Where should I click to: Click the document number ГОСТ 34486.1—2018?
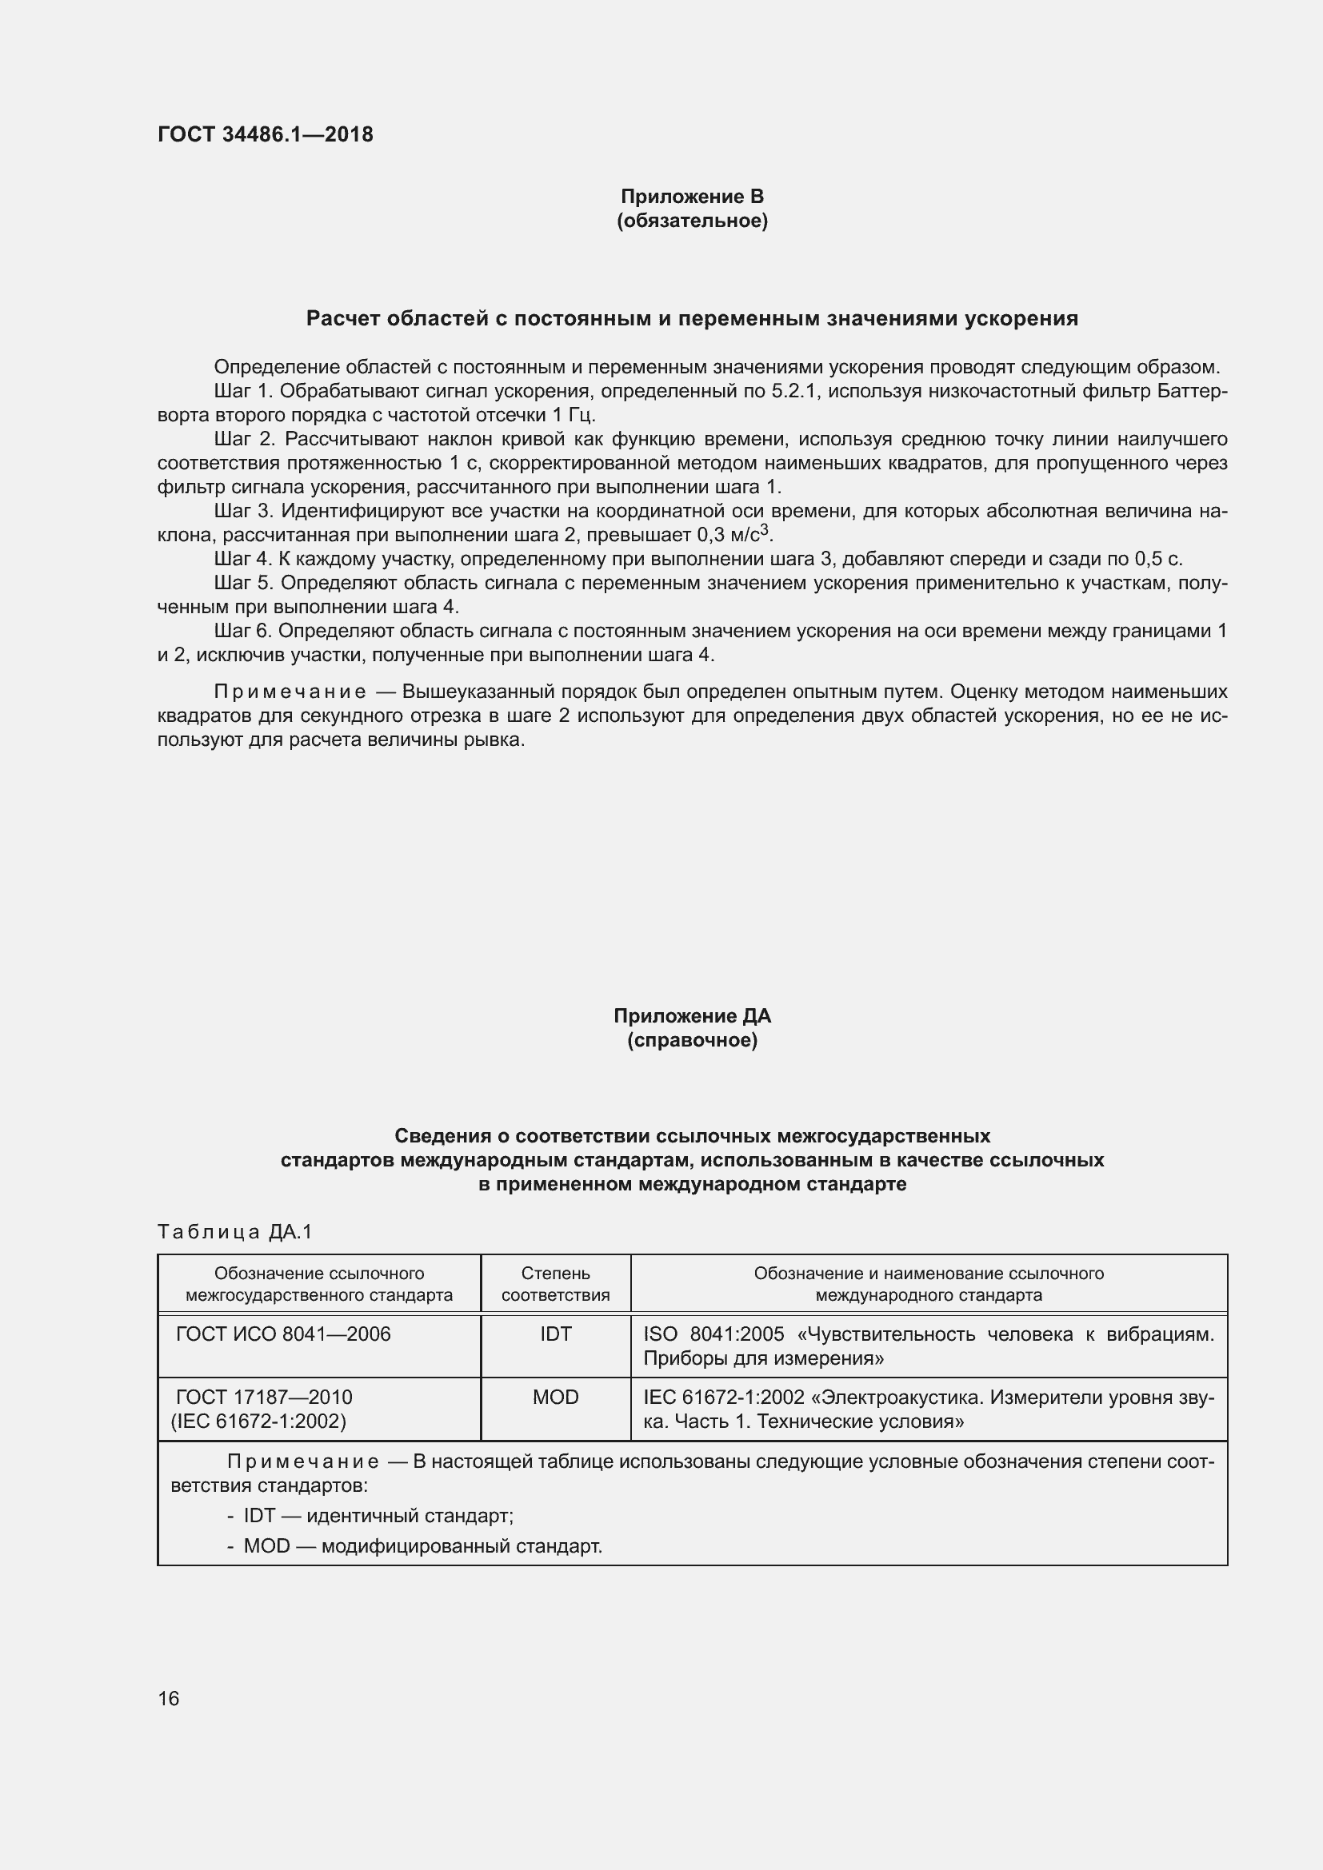tap(266, 134)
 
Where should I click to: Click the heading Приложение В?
tap(692, 197)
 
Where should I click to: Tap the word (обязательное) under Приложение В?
tap(692, 221)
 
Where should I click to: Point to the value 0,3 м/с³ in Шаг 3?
tap(733, 535)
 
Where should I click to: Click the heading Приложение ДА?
tap(692, 1015)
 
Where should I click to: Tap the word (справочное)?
tap(692, 1041)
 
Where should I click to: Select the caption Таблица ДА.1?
tap(234, 1232)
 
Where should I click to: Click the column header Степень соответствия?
tap(556, 1285)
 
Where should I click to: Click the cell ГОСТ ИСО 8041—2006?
tap(283, 1334)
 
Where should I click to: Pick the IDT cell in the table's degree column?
tap(556, 1334)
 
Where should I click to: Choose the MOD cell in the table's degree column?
tap(556, 1398)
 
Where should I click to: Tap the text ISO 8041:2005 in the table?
tap(713, 1334)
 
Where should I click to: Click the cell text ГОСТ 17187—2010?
tap(264, 1398)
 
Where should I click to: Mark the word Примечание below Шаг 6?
tap(290, 692)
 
